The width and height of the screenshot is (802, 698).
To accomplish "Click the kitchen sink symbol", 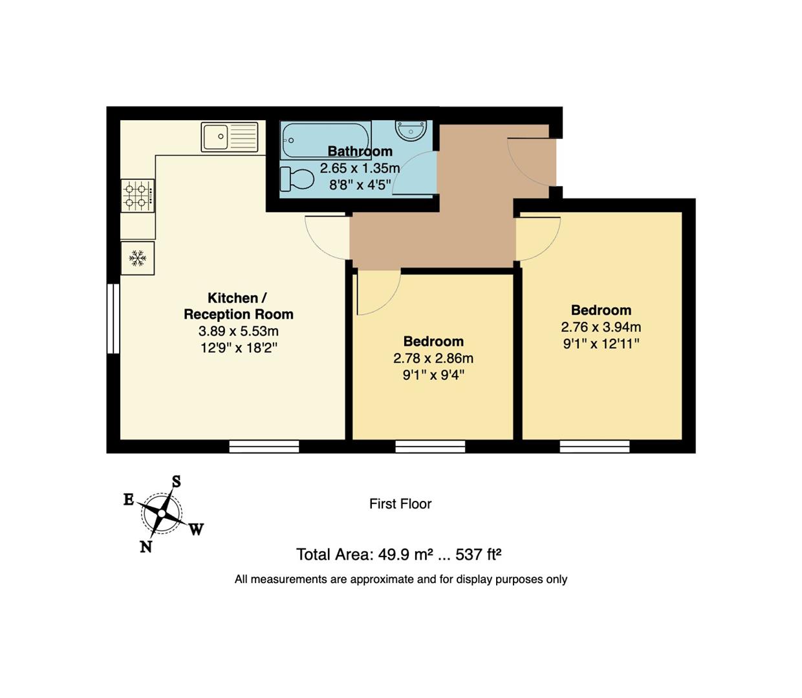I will (x=230, y=136).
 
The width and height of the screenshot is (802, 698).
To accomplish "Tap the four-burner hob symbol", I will (x=138, y=195).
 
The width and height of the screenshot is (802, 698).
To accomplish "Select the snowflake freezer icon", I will (x=137, y=259).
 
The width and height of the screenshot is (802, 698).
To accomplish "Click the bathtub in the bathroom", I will (x=326, y=140).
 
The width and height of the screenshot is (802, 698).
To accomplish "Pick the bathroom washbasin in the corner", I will (x=410, y=130).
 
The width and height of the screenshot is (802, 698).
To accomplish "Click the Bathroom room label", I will (x=360, y=151).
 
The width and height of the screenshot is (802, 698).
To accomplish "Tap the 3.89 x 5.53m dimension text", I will (x=238, y=332).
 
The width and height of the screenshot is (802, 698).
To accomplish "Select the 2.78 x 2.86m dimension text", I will (x=433, y=358).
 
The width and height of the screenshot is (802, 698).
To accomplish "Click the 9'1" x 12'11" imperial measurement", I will (x=601, y=344).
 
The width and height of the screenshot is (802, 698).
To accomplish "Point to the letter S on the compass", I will (x=176, y=481).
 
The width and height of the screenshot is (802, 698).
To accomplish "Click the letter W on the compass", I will (x=197, y=529).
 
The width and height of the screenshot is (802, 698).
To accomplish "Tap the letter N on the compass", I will (x=146, y=547).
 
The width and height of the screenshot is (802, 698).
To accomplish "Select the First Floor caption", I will (x=400, y=504).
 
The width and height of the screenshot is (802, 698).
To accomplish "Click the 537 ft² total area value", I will (x=479, y=555).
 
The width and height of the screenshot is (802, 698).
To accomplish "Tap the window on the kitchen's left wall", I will (x=113, y=319).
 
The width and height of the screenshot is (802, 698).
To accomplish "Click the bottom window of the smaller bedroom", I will (x=430, y=447).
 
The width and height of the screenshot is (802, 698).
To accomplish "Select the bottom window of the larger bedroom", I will (x=594, y=447).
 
